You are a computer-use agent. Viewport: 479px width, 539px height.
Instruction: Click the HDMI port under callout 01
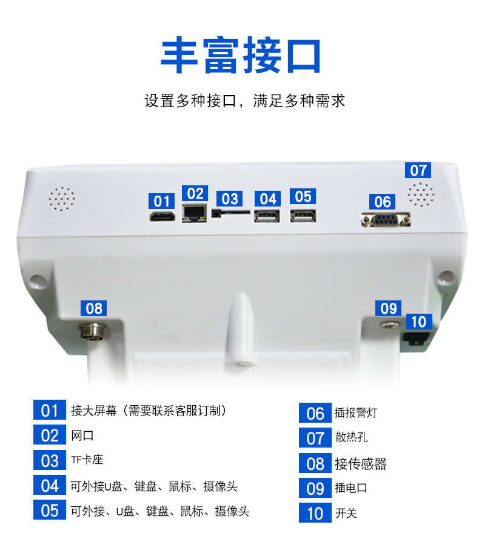click(162, 217)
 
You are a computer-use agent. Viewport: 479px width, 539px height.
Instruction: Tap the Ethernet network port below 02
click(195, 213)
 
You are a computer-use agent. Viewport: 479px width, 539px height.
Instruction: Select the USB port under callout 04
click(267, 217)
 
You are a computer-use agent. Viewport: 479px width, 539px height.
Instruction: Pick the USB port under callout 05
click(303, 217)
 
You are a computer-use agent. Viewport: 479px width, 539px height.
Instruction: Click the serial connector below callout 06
click(386, 220)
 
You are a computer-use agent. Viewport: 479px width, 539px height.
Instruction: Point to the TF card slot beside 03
click(230, 213)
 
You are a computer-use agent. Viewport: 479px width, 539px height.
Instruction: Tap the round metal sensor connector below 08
click(93, 330)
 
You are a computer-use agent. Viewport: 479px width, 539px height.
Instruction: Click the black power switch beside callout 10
click(416, 338)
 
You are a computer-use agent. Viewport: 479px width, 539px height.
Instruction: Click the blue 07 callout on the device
click(418, 170)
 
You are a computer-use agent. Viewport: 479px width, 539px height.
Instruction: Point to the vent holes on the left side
click(62, 199)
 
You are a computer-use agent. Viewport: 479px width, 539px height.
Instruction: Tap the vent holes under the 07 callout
click(421, 194)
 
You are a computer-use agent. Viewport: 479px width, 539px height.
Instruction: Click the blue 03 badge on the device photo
click(230, 199)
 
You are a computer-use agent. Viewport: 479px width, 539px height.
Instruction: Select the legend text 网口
click(82, 435)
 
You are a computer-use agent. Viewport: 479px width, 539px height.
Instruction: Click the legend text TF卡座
click(87, 460)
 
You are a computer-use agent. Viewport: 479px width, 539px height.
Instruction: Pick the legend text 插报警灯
click(356, 412)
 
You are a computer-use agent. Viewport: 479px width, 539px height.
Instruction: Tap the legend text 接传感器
click(361, 464)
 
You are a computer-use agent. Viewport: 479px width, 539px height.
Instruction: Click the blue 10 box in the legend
click(315, 513)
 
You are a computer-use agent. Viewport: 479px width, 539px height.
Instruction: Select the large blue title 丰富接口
click(241, 55)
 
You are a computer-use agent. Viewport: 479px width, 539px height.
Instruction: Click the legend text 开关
click(346, 513)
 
